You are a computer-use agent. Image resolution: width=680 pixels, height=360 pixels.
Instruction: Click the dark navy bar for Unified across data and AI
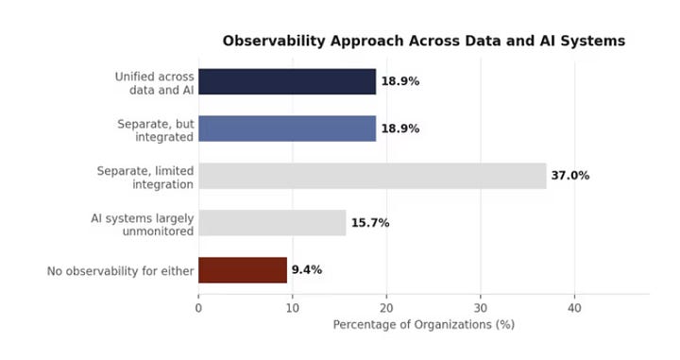pyautogui.click(x=287, y=81)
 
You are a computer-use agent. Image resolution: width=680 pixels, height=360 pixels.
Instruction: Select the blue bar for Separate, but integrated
pyautogui.click(x=287, y=129)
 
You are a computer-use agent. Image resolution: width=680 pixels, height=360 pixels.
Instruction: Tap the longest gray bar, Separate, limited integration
pyautogui.click(x=372, y=176)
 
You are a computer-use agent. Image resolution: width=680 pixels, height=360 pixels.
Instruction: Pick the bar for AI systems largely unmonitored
pyautogui.click(x=272, y=223)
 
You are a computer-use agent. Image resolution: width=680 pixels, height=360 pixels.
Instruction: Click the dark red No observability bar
pyautogui.click(x=243, y=270)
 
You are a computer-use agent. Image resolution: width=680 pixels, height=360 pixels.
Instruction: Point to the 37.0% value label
pyautogui.click(x=570, y=176)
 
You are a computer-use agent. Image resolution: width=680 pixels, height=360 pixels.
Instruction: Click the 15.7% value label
pyautogui.click(x=370, y=223)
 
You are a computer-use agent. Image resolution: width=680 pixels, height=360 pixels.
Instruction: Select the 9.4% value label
pyautogui.click(x=307, y=270)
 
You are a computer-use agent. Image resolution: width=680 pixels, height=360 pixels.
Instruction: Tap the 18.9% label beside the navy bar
pyautogui.click(x=400, y=81)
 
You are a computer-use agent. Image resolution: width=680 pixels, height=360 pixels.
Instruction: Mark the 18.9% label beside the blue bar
pyautogui.click(x=400, y=129)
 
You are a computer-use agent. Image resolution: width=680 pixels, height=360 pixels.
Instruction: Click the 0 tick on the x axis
pyautogui.click(x=198, y=308)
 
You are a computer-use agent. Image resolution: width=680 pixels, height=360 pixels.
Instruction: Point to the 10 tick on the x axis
pyautogui.click(x=293, y=308)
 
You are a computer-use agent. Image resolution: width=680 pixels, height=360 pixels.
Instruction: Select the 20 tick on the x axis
pyautogui.click(x=386, y=308)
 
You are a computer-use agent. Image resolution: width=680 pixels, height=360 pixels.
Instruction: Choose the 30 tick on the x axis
pyautogui.click(x=481, y=308)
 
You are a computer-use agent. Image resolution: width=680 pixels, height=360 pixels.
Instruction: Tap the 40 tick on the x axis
pyautogui.click(x=574, y=308)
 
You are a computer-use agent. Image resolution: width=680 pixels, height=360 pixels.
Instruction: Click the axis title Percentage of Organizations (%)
pyautogui.click(x=424, y=325)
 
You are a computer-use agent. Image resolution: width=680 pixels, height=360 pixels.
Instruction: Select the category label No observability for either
pyautogui.click(x=120, y=271)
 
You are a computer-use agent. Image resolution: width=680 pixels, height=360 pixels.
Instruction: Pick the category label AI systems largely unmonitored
pyautogui.click(x=143, y=225)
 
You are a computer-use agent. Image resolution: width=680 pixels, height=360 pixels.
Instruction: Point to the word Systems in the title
pyautogui.click(x=593, y=41)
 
